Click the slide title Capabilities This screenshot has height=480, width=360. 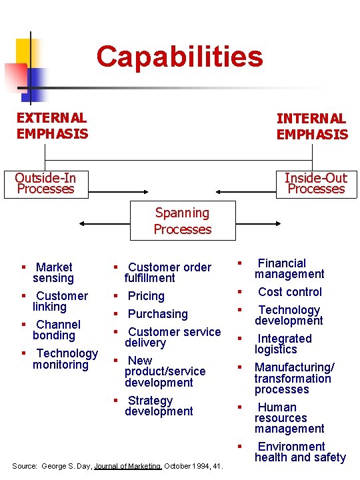pyautogui.click(x=180, y=57)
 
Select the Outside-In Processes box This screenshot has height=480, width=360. pyautogui.click(x=46, y=185)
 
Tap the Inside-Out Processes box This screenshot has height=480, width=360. pyautogui.click(x=317, y=185)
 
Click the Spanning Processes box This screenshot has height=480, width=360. pyautogui.click(x=183, y=221)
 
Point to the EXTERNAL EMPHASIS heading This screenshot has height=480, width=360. pyautogui.click(x=52, y=126)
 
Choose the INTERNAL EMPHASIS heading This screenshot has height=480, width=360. pyautogui.click(x=312, y=127)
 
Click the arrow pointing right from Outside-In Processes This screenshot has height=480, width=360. pyautogui.click(x=118, y=192)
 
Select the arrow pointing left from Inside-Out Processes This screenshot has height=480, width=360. pyautogui.click(x=246, y=192)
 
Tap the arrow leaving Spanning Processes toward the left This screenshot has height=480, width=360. pyautogui.click(x=105, y=224)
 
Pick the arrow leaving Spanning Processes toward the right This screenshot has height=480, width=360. pyautogui.click(x=258, y=224)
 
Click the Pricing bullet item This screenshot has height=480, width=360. pyautogui.click(x=146, y=296)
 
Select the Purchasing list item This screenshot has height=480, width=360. pyautogui.click(x=157, y=314)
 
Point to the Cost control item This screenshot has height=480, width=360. pyautogui.click(x=290, y=292)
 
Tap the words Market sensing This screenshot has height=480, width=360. pyautogui.click(x=53, y=273)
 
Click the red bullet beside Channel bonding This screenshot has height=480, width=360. pyautogui.click(x=23, y=325)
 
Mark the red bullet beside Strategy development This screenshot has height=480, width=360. pyautogui.click(x=116, y=400)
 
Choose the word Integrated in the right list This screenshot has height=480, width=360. pyautogui.click(x=285, y=339)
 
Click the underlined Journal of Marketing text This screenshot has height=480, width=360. pyautogui.click(x=127, y=466)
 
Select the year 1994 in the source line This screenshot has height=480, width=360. pyautogui.click(x=201, y=466)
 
